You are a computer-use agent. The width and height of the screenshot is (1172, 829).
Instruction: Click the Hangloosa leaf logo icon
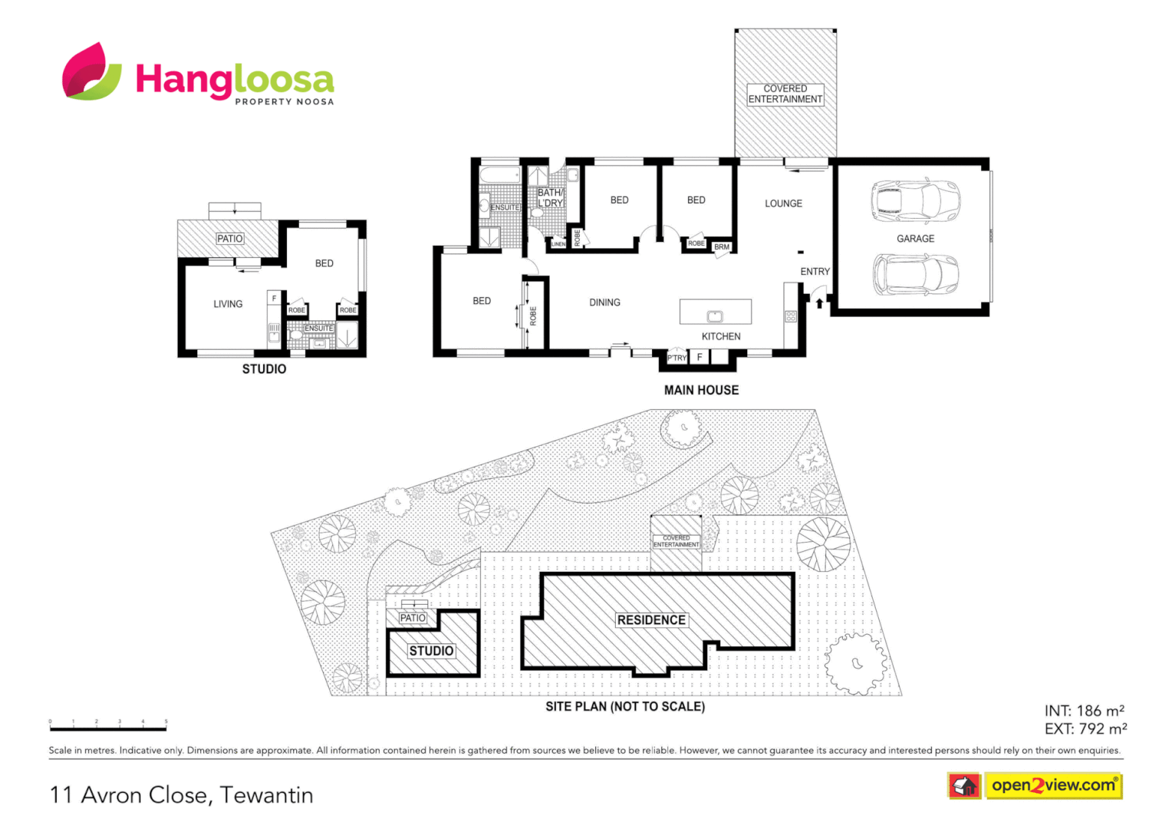[91, 72]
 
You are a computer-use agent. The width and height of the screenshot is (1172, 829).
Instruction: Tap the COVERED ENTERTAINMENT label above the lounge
[785, 94]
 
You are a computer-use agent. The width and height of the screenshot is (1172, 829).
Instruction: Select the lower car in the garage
[914, 274]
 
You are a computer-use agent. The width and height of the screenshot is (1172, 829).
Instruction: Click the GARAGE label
[915, 239]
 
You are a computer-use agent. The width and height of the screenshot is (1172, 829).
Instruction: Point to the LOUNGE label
[783, 203]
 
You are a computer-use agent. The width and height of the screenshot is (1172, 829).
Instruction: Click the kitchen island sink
[714, 315]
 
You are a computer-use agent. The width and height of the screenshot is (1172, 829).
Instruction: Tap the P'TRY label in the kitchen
[677, 358]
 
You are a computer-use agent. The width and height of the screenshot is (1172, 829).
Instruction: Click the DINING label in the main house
[604, 302]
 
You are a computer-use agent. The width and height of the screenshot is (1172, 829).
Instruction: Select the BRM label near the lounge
[722, 247]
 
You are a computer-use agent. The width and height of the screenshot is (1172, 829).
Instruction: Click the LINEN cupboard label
[558, 244]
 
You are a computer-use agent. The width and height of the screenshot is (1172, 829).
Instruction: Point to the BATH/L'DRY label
[550, 198]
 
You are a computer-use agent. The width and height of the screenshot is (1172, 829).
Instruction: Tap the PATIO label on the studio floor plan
[229, 239]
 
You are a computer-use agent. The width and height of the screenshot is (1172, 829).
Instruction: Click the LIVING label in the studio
[228, 304]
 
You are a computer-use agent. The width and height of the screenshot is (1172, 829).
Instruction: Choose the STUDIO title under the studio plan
[264, 369]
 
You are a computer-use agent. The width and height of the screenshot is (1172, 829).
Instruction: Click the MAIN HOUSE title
[701, 390]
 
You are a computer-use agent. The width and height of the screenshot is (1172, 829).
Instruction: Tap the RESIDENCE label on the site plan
[651, 620]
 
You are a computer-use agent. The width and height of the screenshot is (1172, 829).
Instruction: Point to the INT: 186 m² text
[1084, 711]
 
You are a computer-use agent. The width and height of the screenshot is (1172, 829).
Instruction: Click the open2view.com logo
[1052, 785]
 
